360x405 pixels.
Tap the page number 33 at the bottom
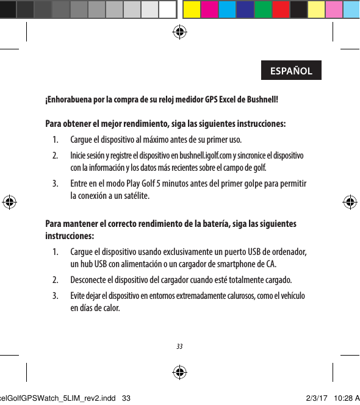coord(179,346)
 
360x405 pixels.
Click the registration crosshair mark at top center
coord(180,32)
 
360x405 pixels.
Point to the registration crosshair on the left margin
coord(10,202)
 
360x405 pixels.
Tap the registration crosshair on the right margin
coord(350,202)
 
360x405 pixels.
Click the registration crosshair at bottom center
coord(179,372)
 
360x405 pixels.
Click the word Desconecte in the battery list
coord(90,281)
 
